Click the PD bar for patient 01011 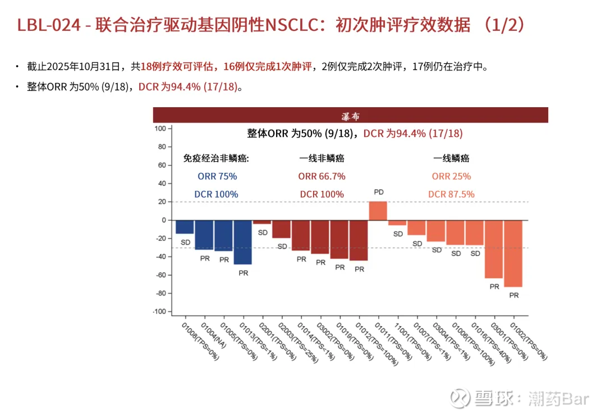pos(378,210)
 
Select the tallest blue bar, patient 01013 pos(242,242)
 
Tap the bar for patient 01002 pos(513,253)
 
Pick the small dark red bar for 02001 pos(262,222)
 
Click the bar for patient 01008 pos(185,227)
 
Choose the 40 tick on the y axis pos(161,184)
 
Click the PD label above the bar pos(379,193)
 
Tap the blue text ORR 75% pos(217,176)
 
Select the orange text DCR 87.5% pos(451,194)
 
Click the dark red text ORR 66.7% pos(322,176)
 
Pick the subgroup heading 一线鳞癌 pos(451,159)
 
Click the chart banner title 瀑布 pos(351,116)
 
